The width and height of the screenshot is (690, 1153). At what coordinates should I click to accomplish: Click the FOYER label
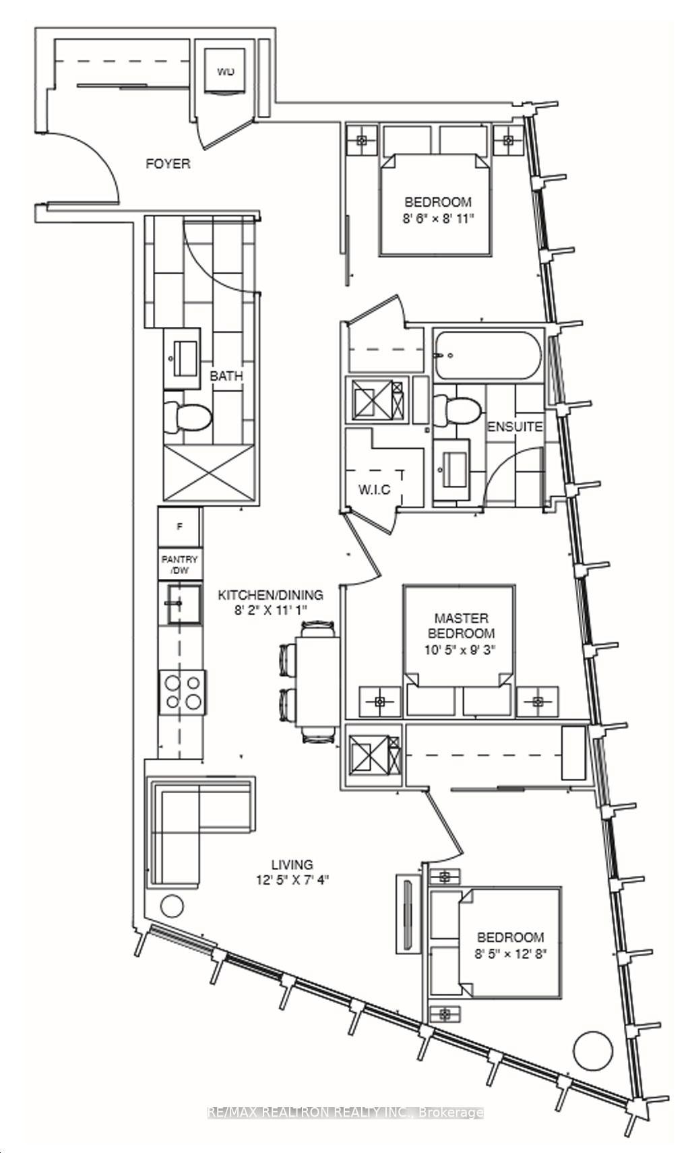168,164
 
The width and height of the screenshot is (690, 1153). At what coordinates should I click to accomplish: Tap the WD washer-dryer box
226,71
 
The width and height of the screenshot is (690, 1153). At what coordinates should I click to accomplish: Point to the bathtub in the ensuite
487,356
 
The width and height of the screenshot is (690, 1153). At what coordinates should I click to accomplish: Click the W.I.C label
374,489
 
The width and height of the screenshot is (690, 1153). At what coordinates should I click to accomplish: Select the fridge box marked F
179,527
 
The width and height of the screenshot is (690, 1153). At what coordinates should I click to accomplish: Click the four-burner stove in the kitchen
183,692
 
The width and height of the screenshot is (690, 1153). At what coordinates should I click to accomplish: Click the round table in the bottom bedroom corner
594,1049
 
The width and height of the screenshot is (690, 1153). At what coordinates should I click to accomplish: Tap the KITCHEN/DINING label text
270,595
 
